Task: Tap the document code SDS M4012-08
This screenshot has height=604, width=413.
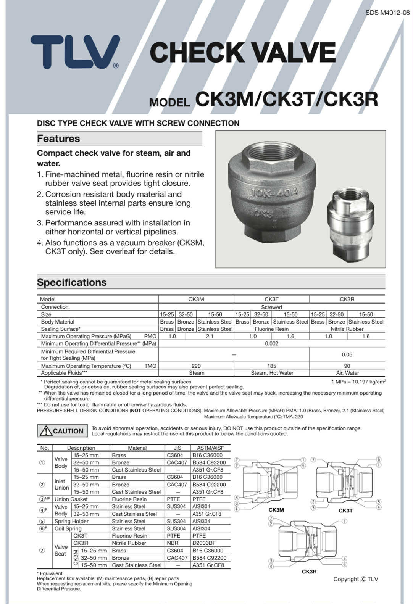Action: click(x=387, y=13)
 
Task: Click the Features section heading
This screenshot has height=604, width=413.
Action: click(x=58, y=139)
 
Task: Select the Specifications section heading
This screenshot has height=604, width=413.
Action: click(x=72, y=282)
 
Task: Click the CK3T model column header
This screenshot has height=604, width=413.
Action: click(x=271, y=299)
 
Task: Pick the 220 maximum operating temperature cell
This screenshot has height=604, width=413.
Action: click(x=196, y=366)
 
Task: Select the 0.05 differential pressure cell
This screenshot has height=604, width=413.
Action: click(x=347, y=354)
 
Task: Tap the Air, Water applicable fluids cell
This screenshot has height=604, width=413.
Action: click(x=347, y=373)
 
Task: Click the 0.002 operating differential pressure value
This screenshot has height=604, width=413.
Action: click(x=271, y=343)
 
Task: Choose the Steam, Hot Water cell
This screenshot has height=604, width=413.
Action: click(x=271, y=373)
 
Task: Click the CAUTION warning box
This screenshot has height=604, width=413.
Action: click(x=63, y=431)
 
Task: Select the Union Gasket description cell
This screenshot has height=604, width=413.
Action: click(x=71, y=499)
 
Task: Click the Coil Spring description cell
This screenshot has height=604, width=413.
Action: click(x=68, y=528)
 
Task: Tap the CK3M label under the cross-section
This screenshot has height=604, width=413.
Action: click(x=276, y=510)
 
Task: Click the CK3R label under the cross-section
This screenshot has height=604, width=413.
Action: click(x=309, y=572)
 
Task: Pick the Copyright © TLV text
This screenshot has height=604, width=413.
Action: click(x=356, y=579)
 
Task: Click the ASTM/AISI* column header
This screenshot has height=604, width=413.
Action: click(x=210, y=448)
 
